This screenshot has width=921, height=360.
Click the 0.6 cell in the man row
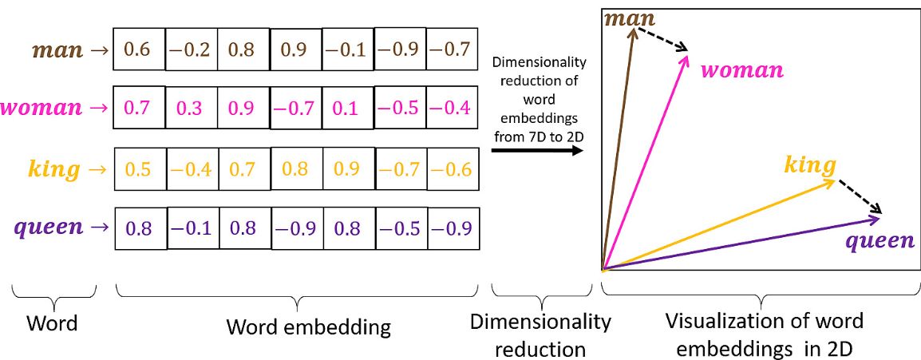pos(138,49)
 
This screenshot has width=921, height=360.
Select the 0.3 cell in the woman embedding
pos(191,108)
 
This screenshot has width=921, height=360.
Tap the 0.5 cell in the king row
pos(138,168)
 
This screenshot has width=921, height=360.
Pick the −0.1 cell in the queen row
pos(192,228)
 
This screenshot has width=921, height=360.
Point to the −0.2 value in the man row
pos(191,49)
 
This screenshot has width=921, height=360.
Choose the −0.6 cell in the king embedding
pos(452,168)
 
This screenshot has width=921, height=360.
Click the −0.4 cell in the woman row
pos(452,108)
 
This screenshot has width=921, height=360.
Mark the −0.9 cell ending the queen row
pos(453,228)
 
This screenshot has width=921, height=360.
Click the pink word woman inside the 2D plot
pos(741,70)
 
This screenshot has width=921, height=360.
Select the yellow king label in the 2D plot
pos(810,166)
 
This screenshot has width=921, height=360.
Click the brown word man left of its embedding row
pos(57,50)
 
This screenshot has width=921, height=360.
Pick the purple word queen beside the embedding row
pos(49,227)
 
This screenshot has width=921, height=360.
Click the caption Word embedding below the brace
pos(308,326)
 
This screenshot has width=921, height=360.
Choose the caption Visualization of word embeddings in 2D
pos(763,334)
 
